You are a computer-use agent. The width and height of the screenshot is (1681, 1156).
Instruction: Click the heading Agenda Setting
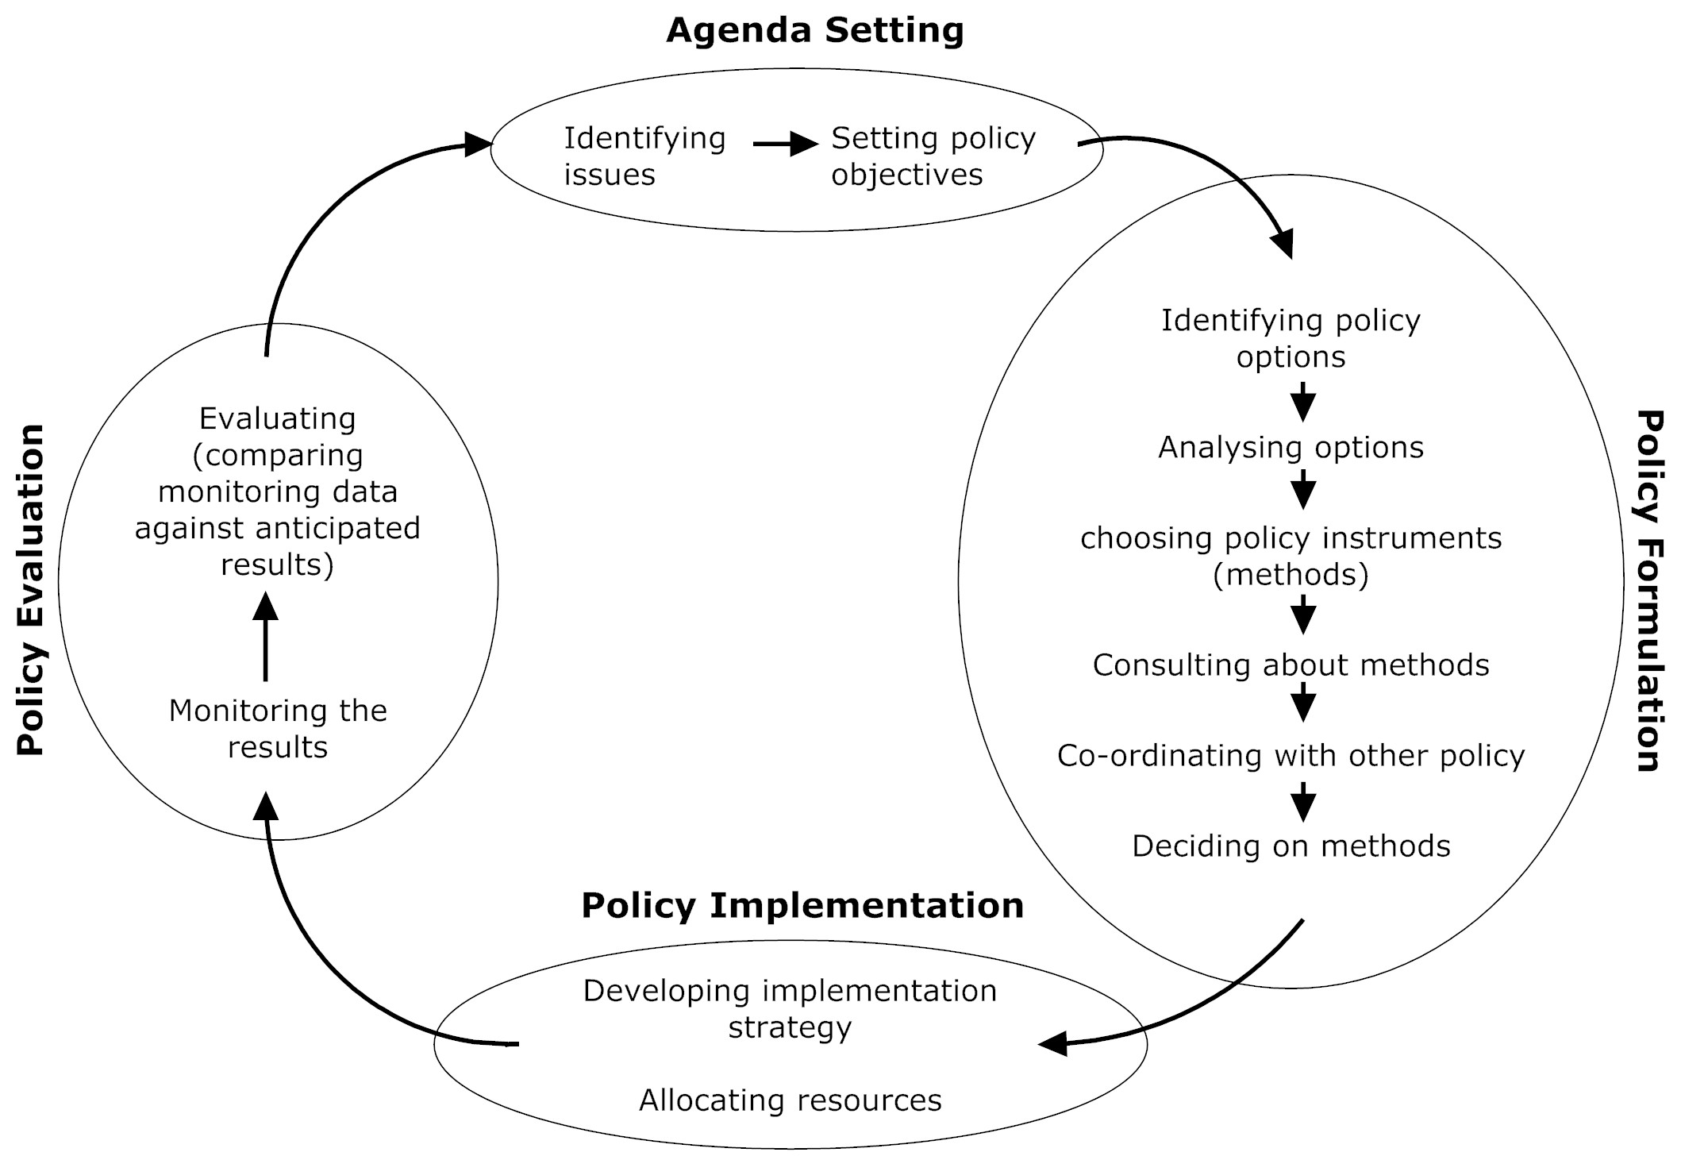coord(815,31)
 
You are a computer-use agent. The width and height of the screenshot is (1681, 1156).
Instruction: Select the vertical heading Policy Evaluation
coord(32,589)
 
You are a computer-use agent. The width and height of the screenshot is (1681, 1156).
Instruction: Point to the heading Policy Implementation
coord(802,906)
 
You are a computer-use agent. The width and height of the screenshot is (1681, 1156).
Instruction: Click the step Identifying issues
coord(644,156)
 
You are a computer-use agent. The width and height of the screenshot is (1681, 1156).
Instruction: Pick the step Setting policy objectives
coord(933,156)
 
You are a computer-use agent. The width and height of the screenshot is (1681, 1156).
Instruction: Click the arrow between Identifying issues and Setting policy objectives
coord(784,144)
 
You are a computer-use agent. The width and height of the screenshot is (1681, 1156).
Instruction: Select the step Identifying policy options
coord(1291,338)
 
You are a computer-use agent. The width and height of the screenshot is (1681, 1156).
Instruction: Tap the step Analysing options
coord(1291,448)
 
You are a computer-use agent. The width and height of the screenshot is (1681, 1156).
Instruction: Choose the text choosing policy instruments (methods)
coord(1291,556)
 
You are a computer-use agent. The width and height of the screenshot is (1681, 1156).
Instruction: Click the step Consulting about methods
coord(1291,665)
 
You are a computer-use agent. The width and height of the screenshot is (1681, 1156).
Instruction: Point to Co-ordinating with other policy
coord(1291,756)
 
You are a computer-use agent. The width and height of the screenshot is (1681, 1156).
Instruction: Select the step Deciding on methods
coord(1291,846)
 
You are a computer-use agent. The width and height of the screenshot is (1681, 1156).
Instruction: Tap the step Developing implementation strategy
coord(790,1008)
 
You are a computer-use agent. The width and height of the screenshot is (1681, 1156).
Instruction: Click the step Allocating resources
coord(790,1100)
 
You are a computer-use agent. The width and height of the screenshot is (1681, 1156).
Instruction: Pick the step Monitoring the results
coord(278,729)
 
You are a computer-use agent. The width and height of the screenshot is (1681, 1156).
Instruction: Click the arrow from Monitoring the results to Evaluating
coord(265,637)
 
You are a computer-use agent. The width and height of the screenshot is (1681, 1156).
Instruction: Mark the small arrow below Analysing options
coord(1303,489)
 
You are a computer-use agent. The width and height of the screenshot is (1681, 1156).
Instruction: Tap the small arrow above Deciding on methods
coord(1303,802)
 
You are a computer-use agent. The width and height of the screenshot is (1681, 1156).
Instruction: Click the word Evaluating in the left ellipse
coord(277,418)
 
